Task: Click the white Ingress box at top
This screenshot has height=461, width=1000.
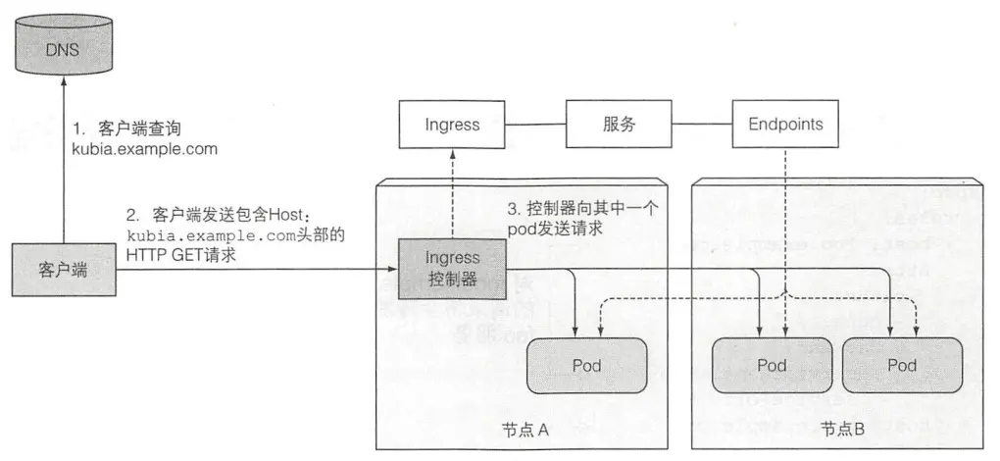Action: point(452,125)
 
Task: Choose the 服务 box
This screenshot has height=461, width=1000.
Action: point(619,125)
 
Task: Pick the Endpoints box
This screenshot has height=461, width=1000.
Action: point(785,125)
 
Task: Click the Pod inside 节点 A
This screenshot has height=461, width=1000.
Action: point(586,366)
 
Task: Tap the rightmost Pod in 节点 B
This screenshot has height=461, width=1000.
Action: point(901,366)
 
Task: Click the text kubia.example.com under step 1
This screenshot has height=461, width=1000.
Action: point(144,149)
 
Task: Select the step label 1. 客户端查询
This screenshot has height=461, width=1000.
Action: point(141,128)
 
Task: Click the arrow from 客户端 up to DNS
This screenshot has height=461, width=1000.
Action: point(63,167)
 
